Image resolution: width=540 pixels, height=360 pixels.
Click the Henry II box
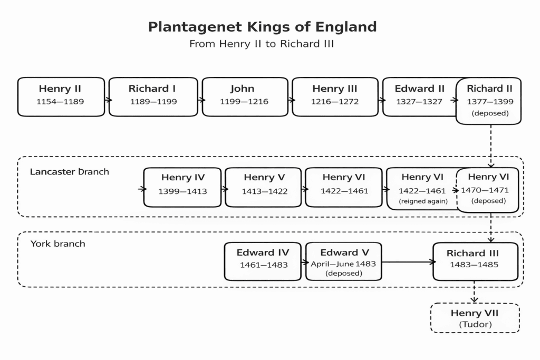click(61, 97)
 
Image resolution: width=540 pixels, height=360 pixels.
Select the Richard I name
click(152, 89)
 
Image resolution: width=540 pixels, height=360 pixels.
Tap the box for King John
click(245, 97)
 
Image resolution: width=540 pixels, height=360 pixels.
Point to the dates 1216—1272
click(334, 102)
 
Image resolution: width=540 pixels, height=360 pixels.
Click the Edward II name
click(419, 89)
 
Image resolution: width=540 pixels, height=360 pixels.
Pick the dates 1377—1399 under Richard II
click(490, 102)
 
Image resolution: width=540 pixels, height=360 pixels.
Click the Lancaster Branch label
click(70, 172)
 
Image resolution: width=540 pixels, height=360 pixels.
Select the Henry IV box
click(182, 187)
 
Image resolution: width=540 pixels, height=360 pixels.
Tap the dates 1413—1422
click(265, 191)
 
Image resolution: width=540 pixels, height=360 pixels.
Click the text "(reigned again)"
click(423, 201)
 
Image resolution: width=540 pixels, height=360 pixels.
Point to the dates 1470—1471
click(485, 190)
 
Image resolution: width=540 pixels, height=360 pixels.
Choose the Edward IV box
click(263, 261)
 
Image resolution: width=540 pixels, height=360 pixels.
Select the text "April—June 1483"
click(343, 264)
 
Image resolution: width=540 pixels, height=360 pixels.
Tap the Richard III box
click(475, 261)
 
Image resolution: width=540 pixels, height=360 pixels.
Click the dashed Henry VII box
click(475, 318)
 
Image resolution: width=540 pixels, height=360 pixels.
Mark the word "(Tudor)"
click(475, 325)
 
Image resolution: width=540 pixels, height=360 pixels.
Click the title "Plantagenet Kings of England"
click(262, 26)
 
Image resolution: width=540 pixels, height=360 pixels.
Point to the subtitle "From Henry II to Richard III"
click(262, 44)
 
